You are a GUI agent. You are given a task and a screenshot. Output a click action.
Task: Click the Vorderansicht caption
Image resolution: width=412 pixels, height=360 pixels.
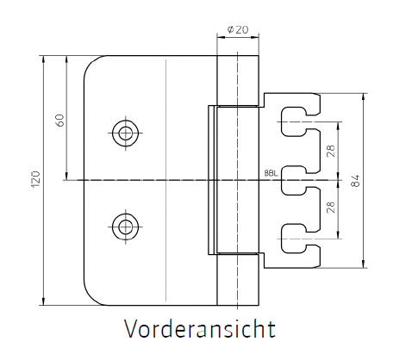click(200, 328)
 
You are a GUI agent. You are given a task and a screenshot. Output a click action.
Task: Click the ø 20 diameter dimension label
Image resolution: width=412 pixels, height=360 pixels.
click(238, 29)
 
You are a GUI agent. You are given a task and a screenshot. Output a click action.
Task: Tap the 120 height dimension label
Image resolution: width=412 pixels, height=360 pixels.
click(35, 179)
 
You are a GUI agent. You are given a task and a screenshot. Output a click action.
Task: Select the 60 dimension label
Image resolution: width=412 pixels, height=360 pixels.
click(59, 121)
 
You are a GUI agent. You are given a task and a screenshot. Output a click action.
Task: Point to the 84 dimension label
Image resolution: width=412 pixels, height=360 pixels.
click(355, 181)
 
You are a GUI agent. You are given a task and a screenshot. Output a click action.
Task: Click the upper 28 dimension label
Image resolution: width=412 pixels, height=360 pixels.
click(331, 151)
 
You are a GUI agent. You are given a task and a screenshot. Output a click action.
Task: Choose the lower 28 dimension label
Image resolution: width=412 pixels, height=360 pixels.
click(331, 207)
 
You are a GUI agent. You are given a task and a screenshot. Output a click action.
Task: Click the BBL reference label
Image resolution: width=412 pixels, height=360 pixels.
click(272, 173)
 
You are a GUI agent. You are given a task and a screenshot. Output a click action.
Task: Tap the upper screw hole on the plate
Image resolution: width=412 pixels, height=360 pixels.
click(125, 133)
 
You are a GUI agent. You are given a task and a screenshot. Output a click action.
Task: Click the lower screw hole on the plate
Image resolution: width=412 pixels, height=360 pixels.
click(125, 227)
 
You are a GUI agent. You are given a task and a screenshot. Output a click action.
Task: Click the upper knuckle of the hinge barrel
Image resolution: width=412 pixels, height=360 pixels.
click(238, 80)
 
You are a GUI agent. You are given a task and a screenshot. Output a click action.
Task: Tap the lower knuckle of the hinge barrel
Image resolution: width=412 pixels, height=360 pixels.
click(238, 280)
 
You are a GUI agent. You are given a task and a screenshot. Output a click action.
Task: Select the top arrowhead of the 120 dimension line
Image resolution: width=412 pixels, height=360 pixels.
click(43, 59)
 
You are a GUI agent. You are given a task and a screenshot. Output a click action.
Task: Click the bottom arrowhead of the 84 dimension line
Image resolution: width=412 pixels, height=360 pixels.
click(364, 264)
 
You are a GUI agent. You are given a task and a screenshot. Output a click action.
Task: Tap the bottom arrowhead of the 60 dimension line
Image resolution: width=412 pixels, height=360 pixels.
click(66, 176)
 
